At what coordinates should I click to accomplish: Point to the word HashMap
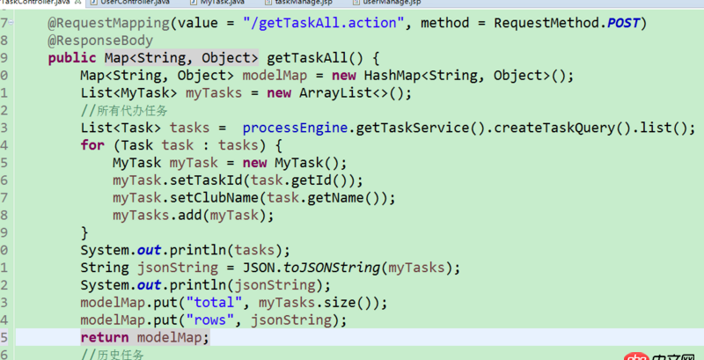388,77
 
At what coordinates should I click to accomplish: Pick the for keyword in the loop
92,145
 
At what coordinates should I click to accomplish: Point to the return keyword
104,338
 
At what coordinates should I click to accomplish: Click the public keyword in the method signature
72,59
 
